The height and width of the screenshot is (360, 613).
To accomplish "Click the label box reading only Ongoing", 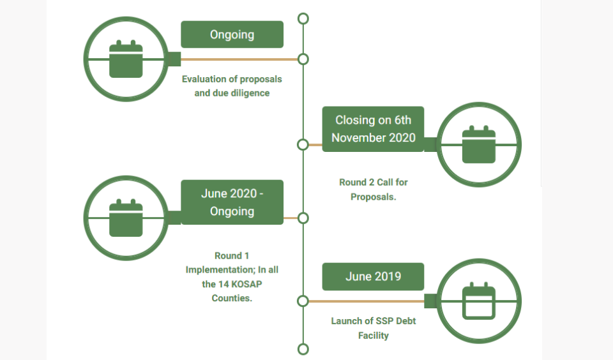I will point(232,34).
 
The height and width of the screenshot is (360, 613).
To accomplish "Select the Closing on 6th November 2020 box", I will point(373,129).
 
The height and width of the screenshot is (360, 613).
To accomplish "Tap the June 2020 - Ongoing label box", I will point(232,202).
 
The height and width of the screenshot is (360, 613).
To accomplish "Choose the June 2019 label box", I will point(373,276).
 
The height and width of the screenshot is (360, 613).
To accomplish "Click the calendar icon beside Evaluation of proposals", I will point(126,59).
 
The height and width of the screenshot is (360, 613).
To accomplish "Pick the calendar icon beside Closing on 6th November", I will point(479,145).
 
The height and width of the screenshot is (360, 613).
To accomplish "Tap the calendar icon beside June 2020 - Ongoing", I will point(126,218).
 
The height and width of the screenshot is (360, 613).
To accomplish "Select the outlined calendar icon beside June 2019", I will point(479,301).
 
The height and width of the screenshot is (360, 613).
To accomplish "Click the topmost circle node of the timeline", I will point(303,18).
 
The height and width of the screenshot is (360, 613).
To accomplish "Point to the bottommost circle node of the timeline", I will point(303,349).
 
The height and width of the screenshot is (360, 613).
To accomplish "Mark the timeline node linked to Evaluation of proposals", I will point(303,59).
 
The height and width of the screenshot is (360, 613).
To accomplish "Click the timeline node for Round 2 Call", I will point(303,145).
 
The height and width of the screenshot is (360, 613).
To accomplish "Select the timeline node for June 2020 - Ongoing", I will point(303,218).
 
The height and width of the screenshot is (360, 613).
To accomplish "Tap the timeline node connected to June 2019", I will point(303,301).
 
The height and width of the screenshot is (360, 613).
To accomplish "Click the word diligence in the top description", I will point(250,93).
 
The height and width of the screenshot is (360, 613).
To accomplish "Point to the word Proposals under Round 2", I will point(374,197).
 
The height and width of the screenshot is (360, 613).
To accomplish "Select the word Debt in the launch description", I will point(403,321).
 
